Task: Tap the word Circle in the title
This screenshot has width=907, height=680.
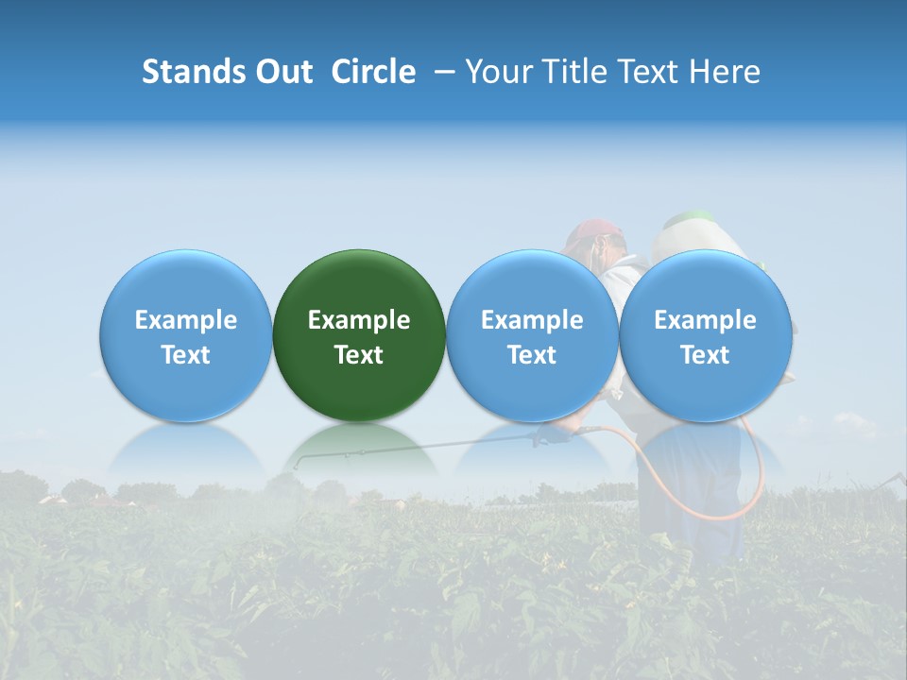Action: [x=373, y=72]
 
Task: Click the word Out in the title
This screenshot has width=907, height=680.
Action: [x=283, y=72]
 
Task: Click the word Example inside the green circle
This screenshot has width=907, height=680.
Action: [x=359, y=320]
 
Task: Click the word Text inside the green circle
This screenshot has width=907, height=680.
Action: [x=359, y=355]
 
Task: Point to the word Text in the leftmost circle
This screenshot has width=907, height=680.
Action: [x=186, y=355]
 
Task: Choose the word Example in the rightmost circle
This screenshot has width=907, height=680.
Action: [x=705, y=320]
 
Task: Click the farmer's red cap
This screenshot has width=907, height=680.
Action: [x=593, y=231]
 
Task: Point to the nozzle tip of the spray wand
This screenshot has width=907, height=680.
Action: [x=297, y=464]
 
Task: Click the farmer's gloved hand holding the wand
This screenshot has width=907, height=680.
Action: [x=552, y=434]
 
